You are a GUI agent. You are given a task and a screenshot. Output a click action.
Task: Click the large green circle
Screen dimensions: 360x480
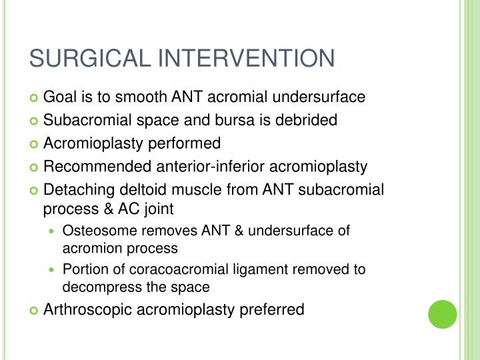pyautogui.click(x=442, y=314)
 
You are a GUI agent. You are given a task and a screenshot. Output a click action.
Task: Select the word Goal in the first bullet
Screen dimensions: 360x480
pyautogui.click(x=59, y=97)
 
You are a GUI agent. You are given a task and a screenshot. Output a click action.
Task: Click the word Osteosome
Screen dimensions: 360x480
pyautogui.click(x=96, y=231)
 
